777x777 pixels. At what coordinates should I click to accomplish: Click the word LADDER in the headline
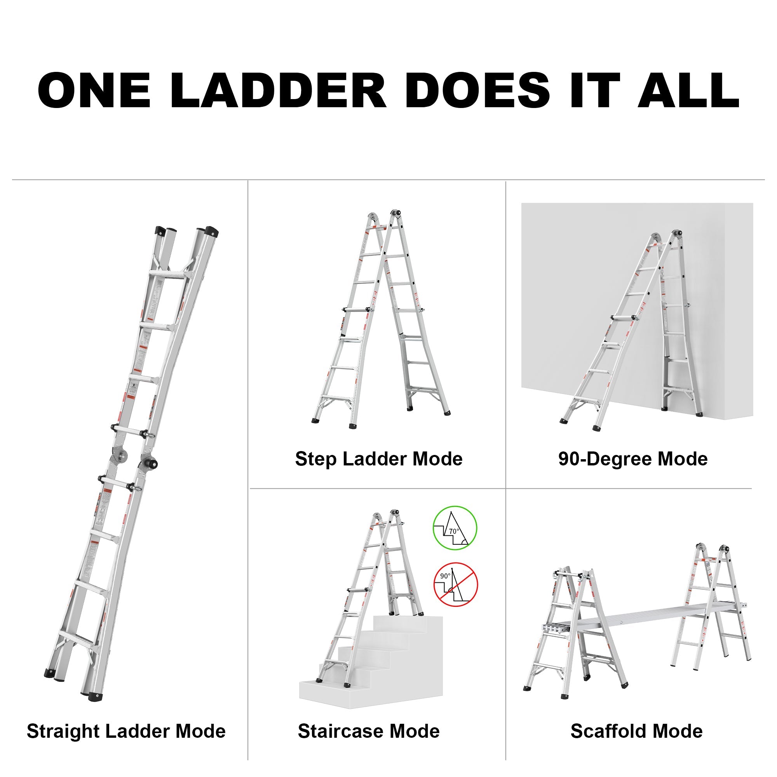[x=278, y=91]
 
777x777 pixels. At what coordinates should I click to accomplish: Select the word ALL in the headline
[x=688, y=91]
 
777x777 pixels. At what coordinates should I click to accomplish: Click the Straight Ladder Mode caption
[x=126, y=731]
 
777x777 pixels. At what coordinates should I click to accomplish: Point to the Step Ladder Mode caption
[x=378, y=459]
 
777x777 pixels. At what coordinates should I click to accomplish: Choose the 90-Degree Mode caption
[x=632, y=459]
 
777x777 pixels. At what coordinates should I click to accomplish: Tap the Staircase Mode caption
[x=368, y=731]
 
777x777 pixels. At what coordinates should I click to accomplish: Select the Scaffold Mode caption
[x=636, y=731]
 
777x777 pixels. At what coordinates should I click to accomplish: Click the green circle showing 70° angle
[x=455, y=528]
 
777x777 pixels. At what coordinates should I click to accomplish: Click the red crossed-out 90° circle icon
[x=455, y=584]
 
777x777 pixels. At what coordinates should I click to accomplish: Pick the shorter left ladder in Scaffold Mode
[x=575, y=631]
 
